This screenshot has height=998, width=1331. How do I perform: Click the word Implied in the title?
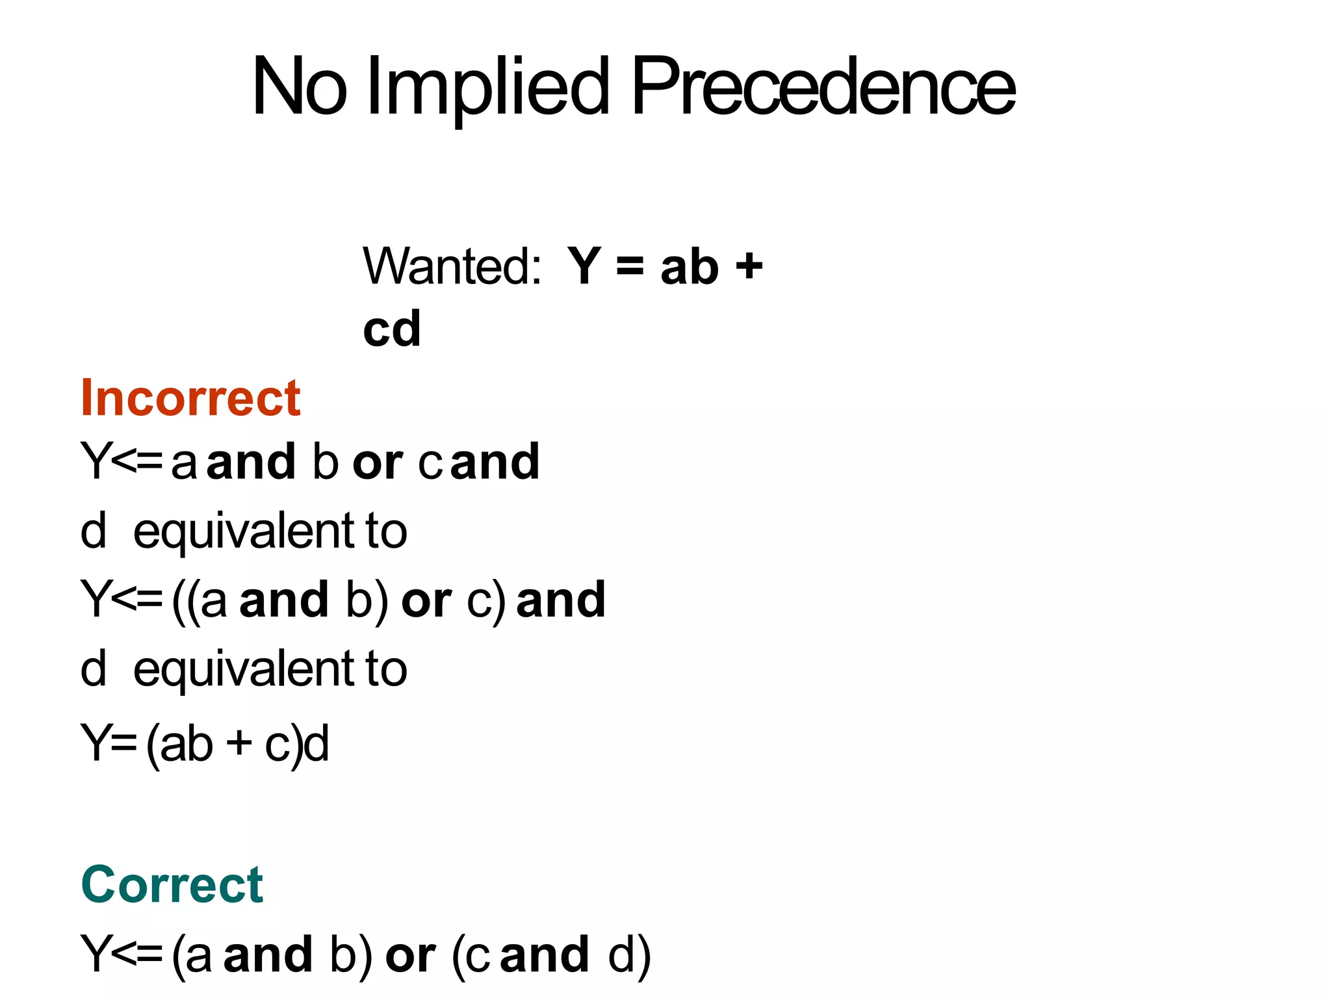point(487,88)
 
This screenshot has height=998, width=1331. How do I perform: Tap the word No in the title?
point(299,88)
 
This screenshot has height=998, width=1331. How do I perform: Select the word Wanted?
point(452,266)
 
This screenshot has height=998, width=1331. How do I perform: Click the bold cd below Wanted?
point(392,329)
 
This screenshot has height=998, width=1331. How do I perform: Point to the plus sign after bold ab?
point(749,266)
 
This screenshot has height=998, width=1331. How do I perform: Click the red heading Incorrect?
point(190,398)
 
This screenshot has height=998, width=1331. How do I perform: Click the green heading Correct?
point(172,885)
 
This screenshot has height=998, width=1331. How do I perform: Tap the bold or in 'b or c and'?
point(378,463)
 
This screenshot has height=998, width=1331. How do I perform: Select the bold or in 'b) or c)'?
point(426,600)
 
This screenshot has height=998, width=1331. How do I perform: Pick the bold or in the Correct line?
point(410,956)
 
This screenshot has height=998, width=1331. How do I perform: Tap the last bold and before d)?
point(545,954)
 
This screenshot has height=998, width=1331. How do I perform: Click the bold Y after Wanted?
point(584,266)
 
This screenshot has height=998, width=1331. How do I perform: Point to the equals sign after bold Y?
point(630,266)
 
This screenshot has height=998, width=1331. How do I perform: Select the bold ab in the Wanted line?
point(690,266)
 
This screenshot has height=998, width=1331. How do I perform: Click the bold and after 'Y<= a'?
point(251,462)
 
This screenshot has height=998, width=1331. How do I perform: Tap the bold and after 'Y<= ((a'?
point(284,600)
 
